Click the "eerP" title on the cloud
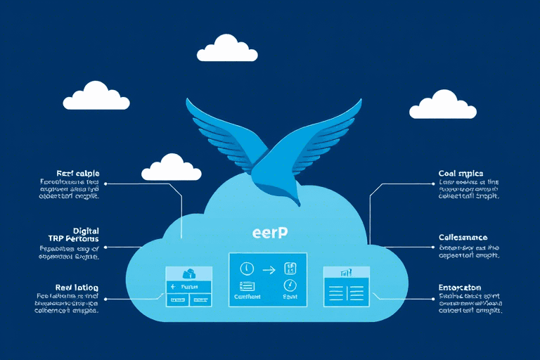coord(269,233)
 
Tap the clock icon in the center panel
coord(247,268)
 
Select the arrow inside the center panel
coord(268,268)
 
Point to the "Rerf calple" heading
coord(77,173)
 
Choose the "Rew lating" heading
coord(77,288)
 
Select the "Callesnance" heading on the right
coord(463,238)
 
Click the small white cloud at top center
coord(226,49)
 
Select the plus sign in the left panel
coord(173,287)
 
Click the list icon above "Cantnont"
coord(247,285)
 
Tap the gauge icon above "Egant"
coord(289,285)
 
